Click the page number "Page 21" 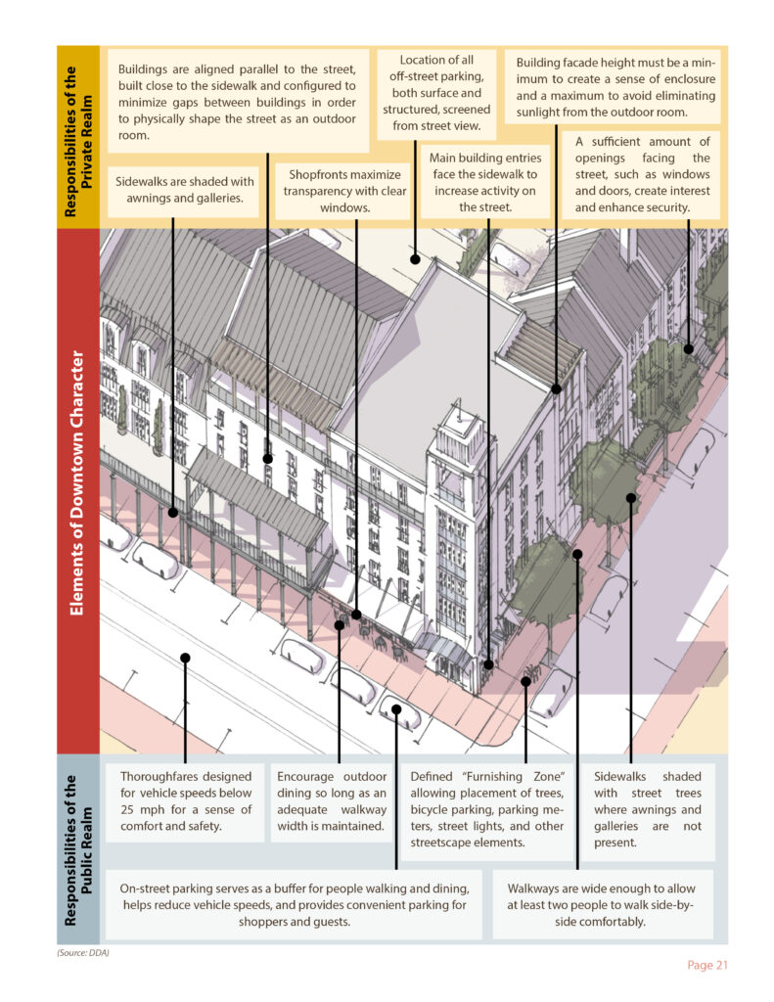point(706,965)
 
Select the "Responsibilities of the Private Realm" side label point(78,137)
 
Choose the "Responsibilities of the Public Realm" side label point(78,848)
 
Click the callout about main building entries point(482,182)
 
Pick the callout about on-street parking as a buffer point(294,905)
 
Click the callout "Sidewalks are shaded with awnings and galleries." point(185,191)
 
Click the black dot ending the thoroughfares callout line point(185,658)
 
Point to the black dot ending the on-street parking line point(396,709)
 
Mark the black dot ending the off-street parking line point(415,260)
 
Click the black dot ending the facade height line point(556,388)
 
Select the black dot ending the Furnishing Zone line point(526,681)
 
